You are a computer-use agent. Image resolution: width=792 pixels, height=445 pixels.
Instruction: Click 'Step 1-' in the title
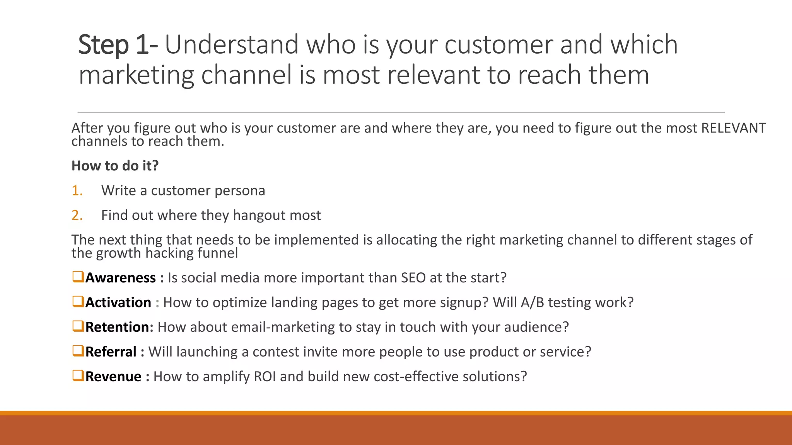(118, 45)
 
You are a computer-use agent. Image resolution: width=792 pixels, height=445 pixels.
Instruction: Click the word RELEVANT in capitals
(733, 128)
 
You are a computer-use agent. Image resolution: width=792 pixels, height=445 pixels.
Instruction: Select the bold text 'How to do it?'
(115, 166)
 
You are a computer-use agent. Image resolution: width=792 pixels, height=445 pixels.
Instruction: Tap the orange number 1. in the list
(77, 190)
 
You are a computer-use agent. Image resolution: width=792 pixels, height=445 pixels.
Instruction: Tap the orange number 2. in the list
(77, 215)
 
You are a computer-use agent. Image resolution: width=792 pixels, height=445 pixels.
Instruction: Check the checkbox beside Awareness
(78, 277)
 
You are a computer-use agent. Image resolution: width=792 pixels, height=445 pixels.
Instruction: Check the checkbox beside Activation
(78, 301)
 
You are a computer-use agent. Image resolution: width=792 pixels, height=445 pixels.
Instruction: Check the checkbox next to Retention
(78, 326)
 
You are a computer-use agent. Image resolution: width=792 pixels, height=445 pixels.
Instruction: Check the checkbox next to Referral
(78, 351)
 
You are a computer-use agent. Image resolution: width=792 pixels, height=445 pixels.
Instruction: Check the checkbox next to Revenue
(78, 375)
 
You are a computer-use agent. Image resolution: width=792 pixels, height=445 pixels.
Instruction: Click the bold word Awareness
(120, 278)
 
